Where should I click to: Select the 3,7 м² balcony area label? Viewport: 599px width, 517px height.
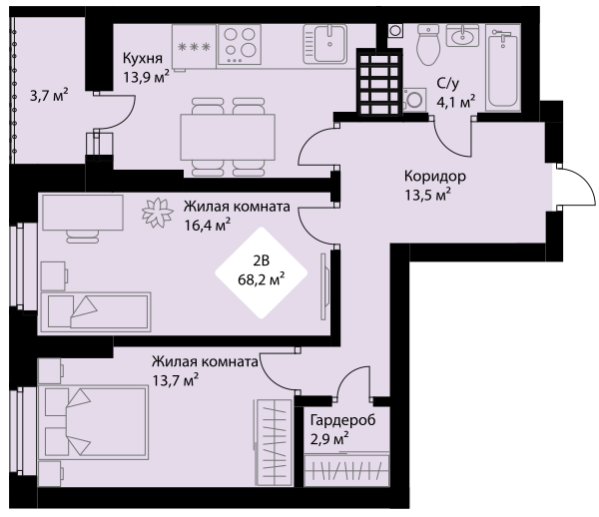[x=49, y=96]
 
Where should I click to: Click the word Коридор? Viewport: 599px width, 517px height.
[x=433, y=176]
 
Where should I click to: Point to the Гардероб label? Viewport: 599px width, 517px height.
[x=342, y=420]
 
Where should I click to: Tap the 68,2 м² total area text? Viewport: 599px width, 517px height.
[x=262, y=279]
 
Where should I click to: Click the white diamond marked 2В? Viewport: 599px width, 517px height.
[x=262, y=270]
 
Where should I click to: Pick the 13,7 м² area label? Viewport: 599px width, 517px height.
[x=175, y=378]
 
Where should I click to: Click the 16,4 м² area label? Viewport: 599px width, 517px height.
[x=208, y=225]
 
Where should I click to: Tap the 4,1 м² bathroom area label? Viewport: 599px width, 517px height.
[x=455, y=101]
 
